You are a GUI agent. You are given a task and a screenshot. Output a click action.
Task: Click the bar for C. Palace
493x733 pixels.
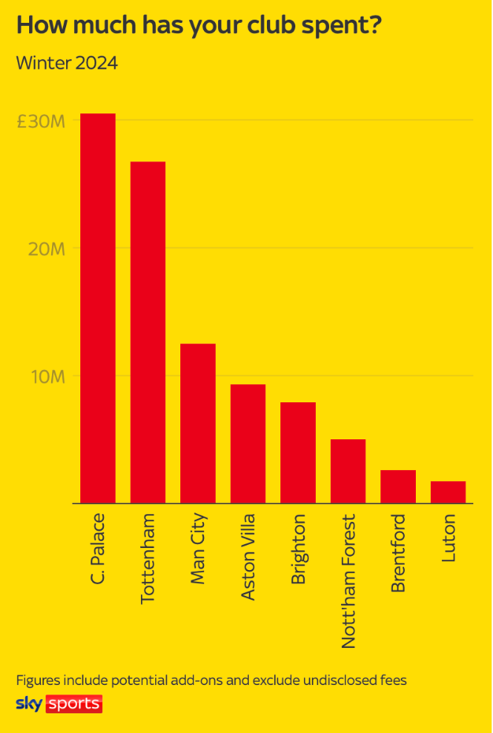[x=98, y=308]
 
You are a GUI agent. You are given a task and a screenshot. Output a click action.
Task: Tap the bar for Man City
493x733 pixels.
[x=198, y=423]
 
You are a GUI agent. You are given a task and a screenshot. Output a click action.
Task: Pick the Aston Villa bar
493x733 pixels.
[x=248, y=443]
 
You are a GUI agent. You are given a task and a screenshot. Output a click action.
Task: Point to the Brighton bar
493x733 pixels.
[x=298, y=453]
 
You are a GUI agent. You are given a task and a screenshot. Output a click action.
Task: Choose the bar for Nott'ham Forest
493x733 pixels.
[x=348, y=471]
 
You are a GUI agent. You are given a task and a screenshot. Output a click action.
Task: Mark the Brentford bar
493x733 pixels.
[x=398, y=487]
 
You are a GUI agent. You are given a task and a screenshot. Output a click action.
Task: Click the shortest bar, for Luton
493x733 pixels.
[x=448, y=492]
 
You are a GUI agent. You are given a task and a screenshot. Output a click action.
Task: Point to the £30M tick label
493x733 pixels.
[x=42, y=121]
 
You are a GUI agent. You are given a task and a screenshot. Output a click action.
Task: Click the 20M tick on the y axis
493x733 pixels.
[x=47, y=249]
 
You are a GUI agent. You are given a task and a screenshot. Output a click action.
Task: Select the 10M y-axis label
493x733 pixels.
[x=47, y=376]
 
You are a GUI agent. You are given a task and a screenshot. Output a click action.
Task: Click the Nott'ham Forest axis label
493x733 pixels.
[x=348, y=581]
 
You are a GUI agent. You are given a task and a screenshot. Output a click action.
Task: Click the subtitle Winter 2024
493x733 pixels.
[x=67, y=63]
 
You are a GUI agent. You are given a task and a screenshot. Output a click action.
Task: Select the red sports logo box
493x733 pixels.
[x=74, y=704]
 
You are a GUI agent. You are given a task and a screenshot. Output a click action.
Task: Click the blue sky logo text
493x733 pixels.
[x=29, y=703]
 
